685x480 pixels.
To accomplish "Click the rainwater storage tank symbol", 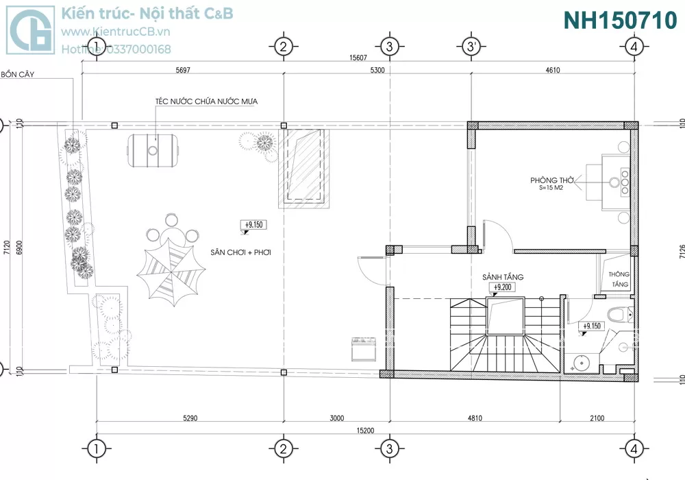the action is (153, 150).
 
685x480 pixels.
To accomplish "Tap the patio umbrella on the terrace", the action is (171, 271).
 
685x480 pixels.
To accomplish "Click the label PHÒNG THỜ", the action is (551, 180).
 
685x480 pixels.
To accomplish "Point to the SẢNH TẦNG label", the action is (503, 277).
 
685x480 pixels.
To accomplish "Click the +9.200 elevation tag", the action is (502, 287).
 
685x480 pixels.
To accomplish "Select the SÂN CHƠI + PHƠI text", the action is (240, 252).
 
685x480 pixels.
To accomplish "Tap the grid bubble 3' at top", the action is (471, 46).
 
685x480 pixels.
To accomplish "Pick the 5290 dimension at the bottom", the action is (190, 418).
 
